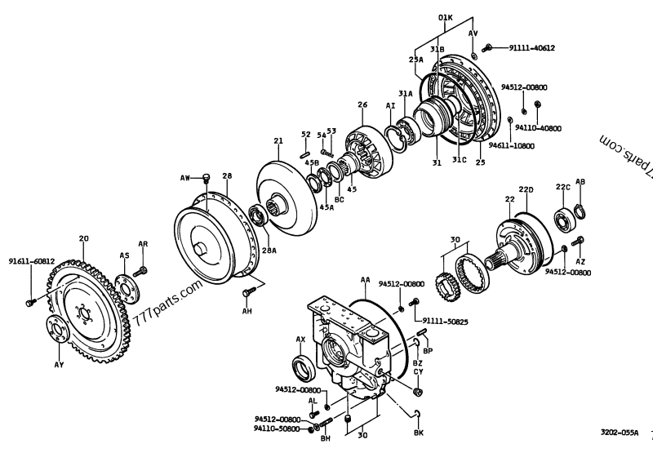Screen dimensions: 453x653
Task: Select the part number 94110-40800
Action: [539, 127]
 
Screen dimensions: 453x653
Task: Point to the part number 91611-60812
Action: [31, 261]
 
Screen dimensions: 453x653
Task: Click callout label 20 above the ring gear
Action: [83, 239]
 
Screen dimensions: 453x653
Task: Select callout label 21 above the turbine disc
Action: [278, 141]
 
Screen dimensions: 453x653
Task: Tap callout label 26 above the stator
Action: [362, 104]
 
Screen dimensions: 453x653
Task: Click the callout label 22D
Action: [527, 189]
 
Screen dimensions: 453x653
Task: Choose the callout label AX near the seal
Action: [300, 339]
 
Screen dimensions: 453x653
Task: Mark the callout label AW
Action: [184, 177]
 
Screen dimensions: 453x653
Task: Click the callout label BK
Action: [419, 432]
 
